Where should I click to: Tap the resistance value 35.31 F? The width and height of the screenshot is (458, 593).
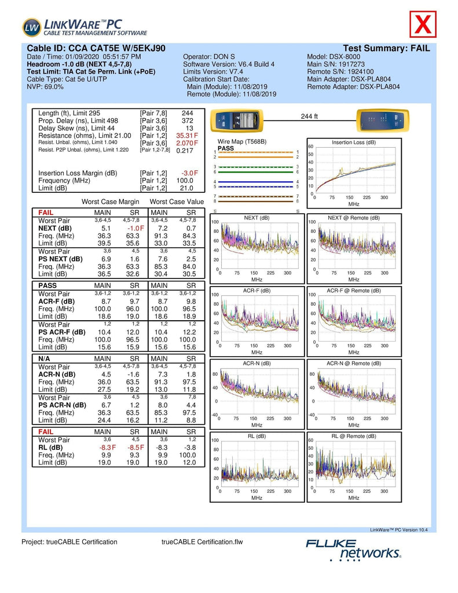pos(187,135)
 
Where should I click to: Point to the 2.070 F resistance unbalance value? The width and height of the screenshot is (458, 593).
pos(187,142)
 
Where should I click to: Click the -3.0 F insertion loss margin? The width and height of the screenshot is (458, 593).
pos(190,173)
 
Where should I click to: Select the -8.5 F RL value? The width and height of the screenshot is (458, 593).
pos(134,448)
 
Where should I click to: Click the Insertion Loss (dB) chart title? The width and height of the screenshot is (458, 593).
pos(353,142)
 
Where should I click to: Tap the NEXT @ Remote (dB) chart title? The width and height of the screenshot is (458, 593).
pos(353,218)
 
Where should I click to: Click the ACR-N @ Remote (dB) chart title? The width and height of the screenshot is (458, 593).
pos(353,363)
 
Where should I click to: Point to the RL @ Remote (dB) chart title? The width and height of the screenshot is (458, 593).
pos(353,436)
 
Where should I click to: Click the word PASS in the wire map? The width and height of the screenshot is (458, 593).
pos(226,148)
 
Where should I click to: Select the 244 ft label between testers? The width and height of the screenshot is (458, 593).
pos(310,116)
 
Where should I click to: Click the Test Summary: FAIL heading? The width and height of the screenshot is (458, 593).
pos(386,48)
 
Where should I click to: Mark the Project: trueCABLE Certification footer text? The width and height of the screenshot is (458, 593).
pos(69,542)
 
